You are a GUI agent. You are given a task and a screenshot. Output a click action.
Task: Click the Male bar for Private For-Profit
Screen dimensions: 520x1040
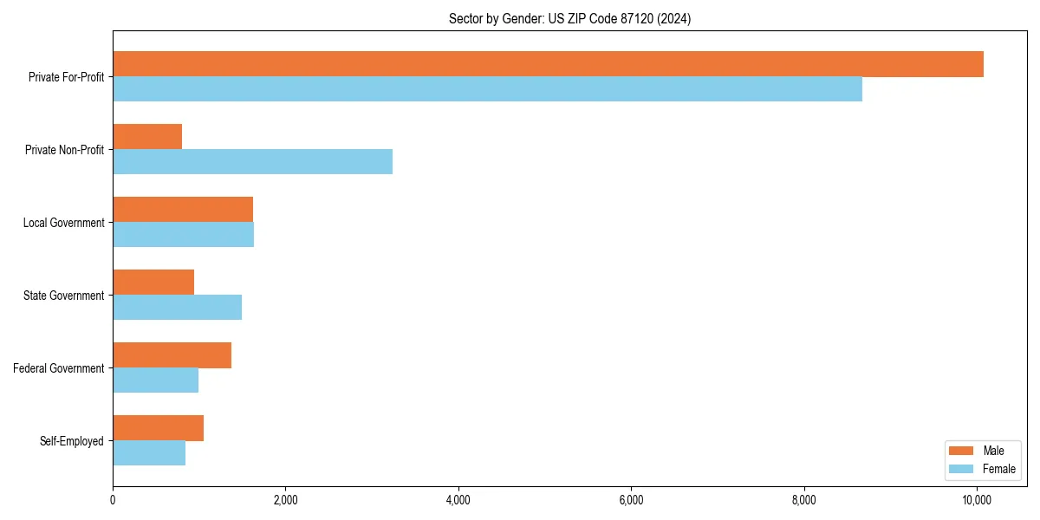click(x=548, y=64)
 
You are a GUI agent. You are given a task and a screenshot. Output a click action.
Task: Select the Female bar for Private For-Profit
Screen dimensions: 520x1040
click(x=487, y=89)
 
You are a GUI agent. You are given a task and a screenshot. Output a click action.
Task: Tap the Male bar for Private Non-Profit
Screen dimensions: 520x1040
click(x=147, y=137)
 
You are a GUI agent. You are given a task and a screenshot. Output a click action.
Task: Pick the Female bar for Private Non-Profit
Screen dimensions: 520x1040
click(x=252, y=162)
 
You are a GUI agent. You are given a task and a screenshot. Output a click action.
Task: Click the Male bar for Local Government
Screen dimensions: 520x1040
click(x=183, y=210)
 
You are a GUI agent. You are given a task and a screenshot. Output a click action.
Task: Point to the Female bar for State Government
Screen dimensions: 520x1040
click(x=177, y=308)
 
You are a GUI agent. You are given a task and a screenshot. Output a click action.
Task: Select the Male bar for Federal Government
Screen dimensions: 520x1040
click(x=172, y=355)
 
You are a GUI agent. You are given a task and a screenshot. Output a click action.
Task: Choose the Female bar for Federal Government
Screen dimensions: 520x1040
click(x=155, y=380)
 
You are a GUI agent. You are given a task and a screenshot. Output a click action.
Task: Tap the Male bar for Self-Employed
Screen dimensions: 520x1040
click(x=158, y=428)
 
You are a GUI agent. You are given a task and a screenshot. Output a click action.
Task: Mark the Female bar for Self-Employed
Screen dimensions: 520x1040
click(x=149, y=453)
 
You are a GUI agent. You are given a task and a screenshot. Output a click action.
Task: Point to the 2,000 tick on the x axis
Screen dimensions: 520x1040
click(x=285, y=499)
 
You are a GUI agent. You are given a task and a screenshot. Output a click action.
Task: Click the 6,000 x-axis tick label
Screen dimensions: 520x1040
click(x=631, y=499)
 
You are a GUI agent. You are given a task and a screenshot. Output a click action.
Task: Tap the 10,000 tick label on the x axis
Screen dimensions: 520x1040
click(x=977, y=499)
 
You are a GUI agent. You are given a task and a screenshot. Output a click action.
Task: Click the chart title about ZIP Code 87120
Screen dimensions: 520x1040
click(x=569, y=18)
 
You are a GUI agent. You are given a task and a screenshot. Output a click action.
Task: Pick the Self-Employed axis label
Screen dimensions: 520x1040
click(x=72, y=441)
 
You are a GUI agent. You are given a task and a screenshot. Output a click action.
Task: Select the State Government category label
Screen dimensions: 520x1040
click(x=63, y=296)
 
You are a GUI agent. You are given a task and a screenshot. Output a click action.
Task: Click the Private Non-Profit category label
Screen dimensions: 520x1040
click(x=64, y=150)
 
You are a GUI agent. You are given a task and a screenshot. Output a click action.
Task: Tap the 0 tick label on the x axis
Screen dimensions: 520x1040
click(x=113, y=499)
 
